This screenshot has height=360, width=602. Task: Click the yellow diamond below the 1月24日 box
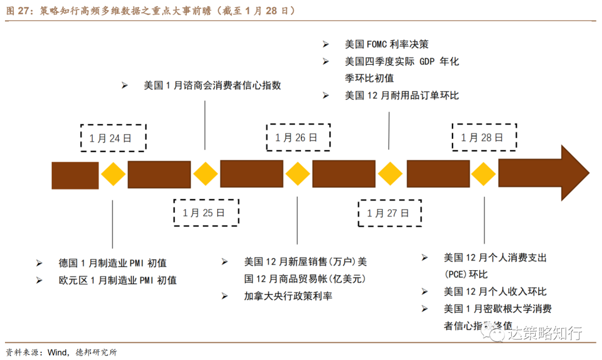(x=113, y=174)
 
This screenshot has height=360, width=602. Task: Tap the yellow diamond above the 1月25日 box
(x=206, y=174)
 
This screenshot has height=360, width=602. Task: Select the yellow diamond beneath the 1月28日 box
(x=483, y=174)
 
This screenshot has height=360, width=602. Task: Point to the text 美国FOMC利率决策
(x=386, y=45)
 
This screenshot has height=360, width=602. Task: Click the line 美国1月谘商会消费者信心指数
(x=212, y=85)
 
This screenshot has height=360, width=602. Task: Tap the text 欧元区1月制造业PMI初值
(x=117, y=280)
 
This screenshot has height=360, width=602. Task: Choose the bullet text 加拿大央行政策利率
(x=288, y=296)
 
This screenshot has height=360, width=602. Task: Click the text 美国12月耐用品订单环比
(x=401, y=95)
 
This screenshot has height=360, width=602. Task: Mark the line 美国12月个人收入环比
(x=495, y=291)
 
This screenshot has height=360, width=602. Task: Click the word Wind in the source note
(x=57, y=352)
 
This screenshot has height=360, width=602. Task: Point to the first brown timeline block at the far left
(x=75, y=175)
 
